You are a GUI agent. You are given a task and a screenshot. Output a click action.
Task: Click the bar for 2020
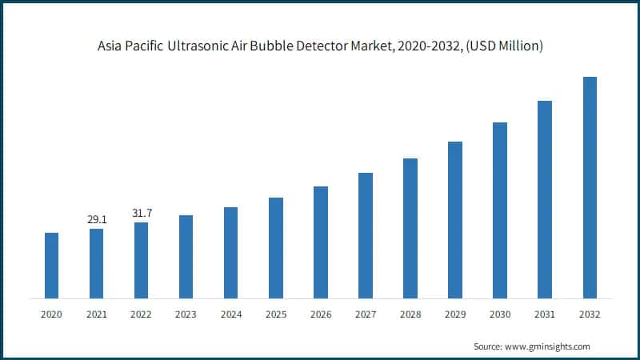pyautogui.click(x=51, y=266)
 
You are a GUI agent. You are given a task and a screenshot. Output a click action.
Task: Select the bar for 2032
pyautogui.click(x=590, y=187)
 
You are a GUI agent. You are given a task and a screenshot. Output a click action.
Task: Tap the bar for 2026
pyautogui.click(x=320, y=242)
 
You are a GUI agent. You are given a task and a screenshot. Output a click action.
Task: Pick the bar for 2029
pyautogui.click(x=455, y=220)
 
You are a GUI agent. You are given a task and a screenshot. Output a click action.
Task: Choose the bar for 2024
pyautogui.click(x=230, y=253)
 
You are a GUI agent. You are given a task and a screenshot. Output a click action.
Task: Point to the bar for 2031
pyautogui.click(x=545, y=199)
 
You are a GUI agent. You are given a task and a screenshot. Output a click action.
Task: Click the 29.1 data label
pyautogui.click(x=96, y=218)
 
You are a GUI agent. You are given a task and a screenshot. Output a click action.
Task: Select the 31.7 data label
pyautogui.click(x=141, y=212)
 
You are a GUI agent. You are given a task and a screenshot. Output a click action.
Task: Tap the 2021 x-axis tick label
pyautogui.click(x=96, y=315)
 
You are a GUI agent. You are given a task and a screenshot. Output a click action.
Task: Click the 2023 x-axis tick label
pyautogui.click(x=186, y=315)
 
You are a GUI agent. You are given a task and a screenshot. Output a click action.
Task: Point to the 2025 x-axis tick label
pyautogui.click(x=275, y=315)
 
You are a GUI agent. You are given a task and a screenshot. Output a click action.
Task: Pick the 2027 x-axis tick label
pyautogui.click(x=365, y=315)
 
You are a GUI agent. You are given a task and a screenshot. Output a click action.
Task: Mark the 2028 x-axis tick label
pyautogui.click(x=410, y=315)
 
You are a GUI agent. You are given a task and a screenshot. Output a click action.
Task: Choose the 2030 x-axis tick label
pyautogui.click(x=500, y=315)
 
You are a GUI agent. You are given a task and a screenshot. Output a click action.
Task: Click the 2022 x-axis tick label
pyautogui.click(x=141, y=315)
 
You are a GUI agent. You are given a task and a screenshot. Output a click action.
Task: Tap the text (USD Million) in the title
pyautogui.click(x=504, y=46)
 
